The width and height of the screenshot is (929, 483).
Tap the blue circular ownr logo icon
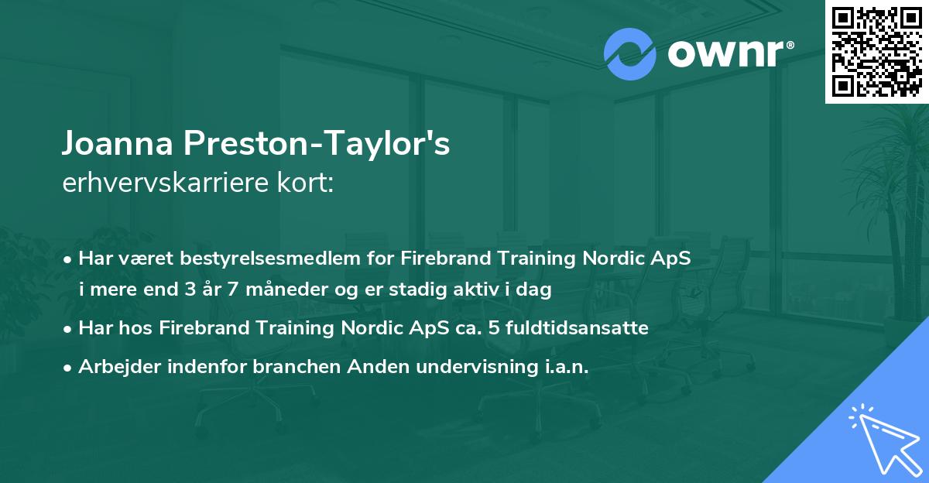[630, 54]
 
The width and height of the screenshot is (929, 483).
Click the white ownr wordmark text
[723, 54]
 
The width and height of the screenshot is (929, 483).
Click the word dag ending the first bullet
[535, 290]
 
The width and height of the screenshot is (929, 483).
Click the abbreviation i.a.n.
[560, 366]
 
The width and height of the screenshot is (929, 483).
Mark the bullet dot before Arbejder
[68, 367]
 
